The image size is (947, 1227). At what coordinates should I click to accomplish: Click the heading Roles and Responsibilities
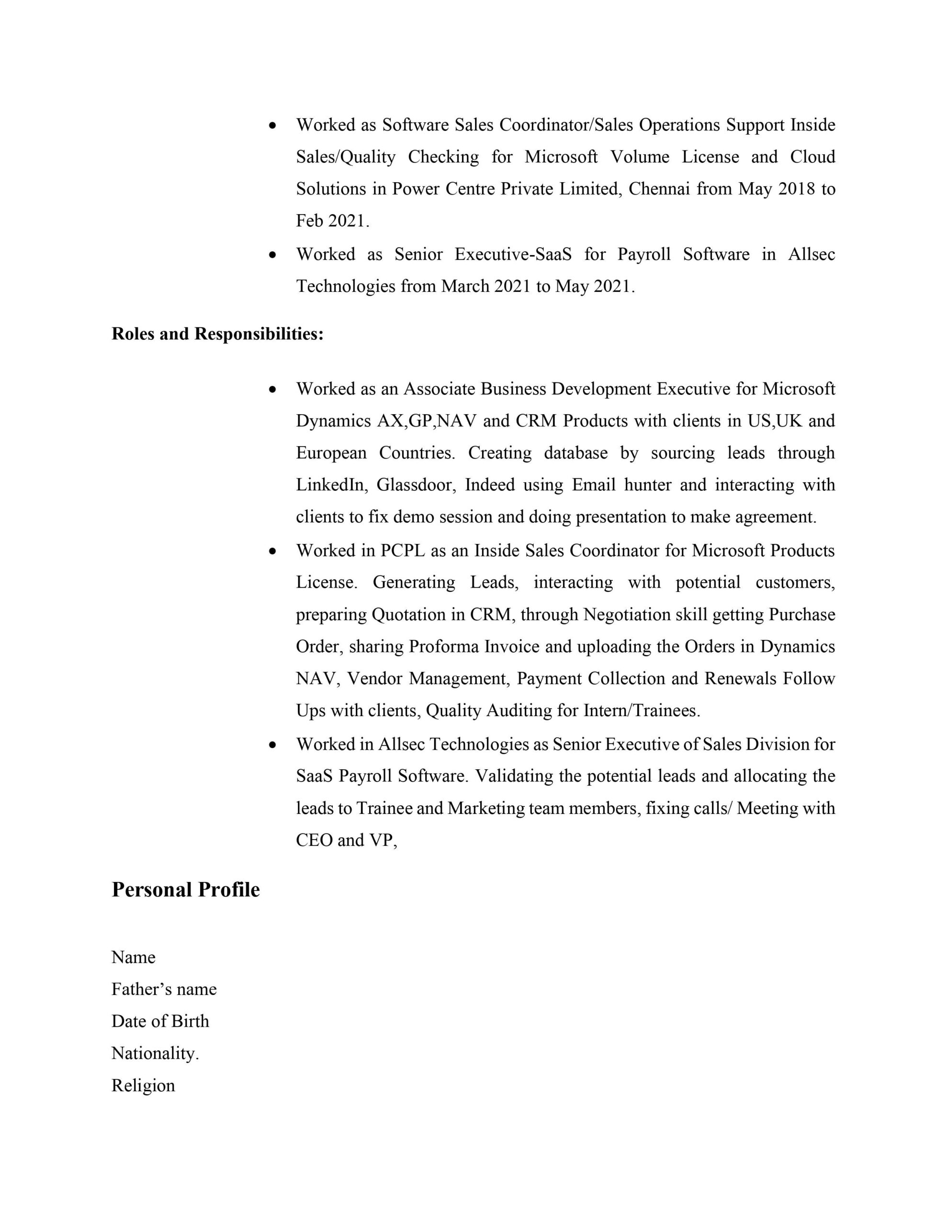[x=217, y=334]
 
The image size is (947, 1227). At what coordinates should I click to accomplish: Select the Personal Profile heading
[x=185, y=890]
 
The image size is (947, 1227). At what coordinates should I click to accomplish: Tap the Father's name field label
[x=164, y=989]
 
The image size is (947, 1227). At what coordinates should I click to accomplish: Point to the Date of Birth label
[x=160, y=1021]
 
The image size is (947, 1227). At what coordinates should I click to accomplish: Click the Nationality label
[x=155, y=1053]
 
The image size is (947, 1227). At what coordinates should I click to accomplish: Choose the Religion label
[x=143, y=1085]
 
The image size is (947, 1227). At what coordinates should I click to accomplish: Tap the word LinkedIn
[x=331, y=484]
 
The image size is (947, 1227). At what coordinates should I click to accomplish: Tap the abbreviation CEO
[x=314, y=840]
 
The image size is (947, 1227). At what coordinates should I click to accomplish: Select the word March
[x=465, y=286]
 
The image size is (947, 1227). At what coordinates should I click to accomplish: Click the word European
[x=331, y=452]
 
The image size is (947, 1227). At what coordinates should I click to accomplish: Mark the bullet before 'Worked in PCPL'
[x=272, y=551]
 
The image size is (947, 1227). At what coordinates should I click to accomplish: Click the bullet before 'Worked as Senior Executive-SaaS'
[x=272, y=255]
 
